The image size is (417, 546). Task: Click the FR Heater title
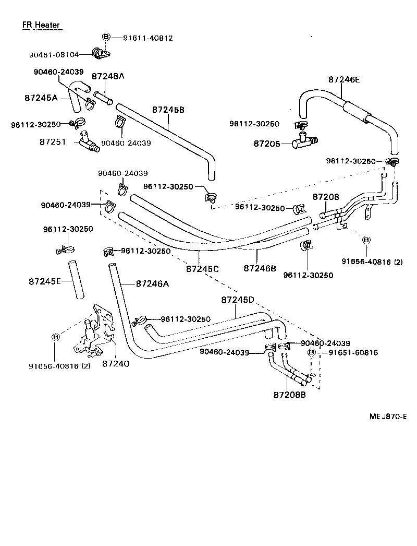tap(41, 25)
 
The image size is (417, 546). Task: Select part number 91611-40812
tap(148, 38)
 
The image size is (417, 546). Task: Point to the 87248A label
tap(108, 76)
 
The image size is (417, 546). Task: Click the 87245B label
tap(168, 110)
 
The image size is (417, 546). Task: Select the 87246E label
tap(344, 80)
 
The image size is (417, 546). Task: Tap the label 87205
tap(267, 143)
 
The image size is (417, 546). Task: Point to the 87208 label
tap(326, 197)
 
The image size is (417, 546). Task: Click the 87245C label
tap(202, 268)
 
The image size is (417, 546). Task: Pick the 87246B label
tap(260, 268)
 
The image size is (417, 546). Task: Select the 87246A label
tap(153, 284)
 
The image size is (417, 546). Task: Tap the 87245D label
tap(237, 300)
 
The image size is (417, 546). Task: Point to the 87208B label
tap(289, 395)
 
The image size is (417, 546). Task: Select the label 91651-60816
tap(353, 353)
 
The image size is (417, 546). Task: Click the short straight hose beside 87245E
tap(78, 279)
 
